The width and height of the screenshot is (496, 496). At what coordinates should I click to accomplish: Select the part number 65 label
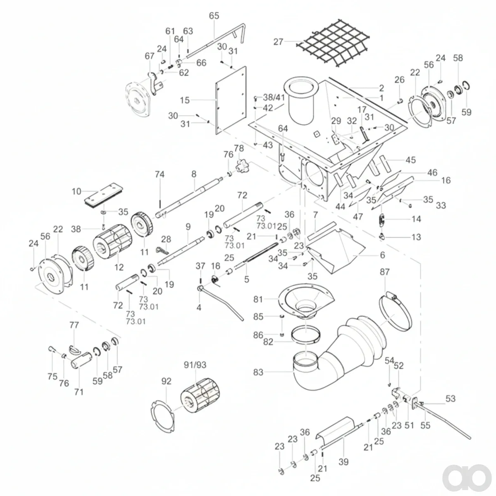point(214,16)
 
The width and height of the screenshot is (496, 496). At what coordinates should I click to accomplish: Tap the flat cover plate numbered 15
point(231,100)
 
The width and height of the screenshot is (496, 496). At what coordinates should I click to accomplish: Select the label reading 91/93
point(195,365)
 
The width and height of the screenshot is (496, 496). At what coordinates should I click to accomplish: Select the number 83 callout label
point(258,372)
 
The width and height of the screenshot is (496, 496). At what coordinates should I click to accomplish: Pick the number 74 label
point(160,174)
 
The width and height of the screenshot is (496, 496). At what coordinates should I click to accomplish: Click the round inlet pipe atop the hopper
point(302,101)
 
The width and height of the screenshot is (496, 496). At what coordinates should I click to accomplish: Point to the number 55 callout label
point(425,425)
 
